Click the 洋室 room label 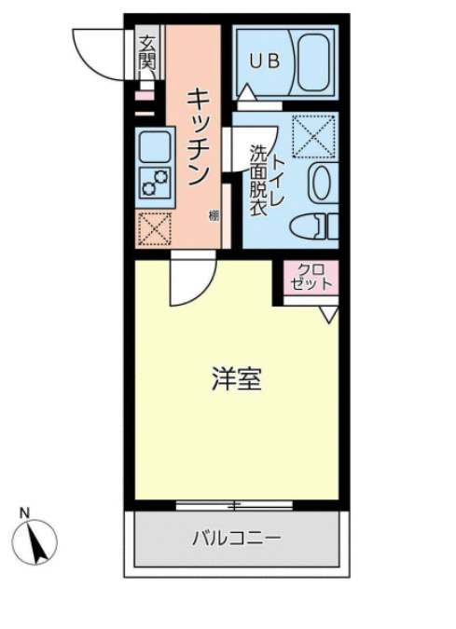pyautogui.click(x=235, y=379)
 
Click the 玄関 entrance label pyautogui.click(x=146, y=52)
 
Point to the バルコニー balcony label pyautogui.click(x=237, y=538)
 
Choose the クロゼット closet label pyautogui.click(x=305, y=277)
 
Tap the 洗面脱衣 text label pyautogui.click(x=257, y=182)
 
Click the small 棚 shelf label pyautogui.click(x=214, y=216)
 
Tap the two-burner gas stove pyautogui.click(x=155, y=181)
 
